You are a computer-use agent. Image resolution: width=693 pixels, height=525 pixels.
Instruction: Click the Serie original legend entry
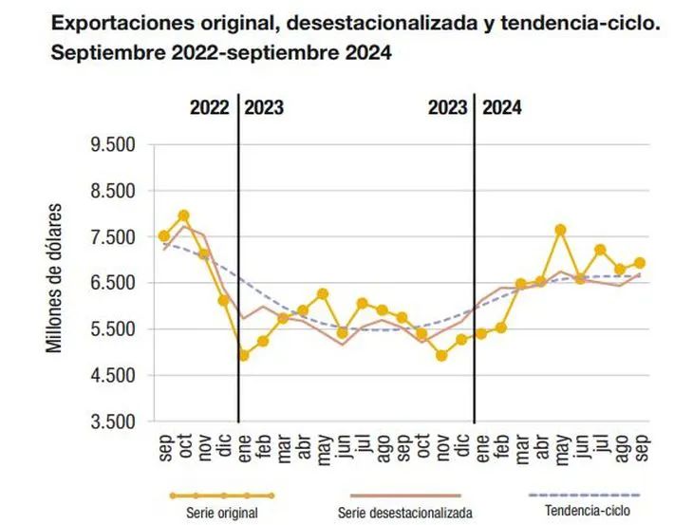pos(222,513)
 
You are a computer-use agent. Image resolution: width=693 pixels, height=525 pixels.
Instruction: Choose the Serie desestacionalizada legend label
pos(405,513)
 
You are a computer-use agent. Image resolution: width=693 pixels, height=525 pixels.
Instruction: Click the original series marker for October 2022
pos(184,216)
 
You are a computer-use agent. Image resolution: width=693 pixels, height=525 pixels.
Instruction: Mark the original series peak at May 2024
pos(561,230)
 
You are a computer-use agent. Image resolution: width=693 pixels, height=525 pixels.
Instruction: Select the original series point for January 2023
pos(244,355)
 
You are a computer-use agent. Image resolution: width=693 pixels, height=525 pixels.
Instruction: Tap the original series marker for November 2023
pos(441,355)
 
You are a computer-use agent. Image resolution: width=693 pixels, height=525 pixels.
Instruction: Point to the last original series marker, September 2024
pos(641,263)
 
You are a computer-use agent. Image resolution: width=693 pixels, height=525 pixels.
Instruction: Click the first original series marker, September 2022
pos(164,235)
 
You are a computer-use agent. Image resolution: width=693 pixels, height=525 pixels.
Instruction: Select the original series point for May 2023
pos(323,294)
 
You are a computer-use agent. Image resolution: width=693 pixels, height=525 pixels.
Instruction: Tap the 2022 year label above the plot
pos(208,107)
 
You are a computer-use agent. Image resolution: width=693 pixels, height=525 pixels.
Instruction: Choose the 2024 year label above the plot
pos(502,107)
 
